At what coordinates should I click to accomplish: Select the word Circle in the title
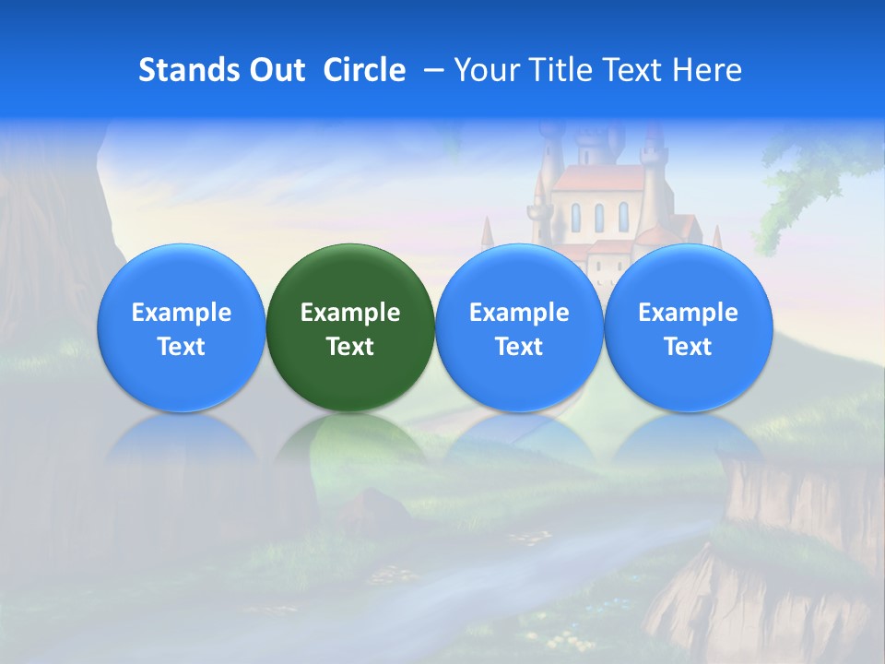(364, 70)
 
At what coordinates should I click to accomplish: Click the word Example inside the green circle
(350, 313)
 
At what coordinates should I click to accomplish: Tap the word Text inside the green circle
(350, 347)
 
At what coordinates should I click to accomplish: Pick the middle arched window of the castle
(598, 217)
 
